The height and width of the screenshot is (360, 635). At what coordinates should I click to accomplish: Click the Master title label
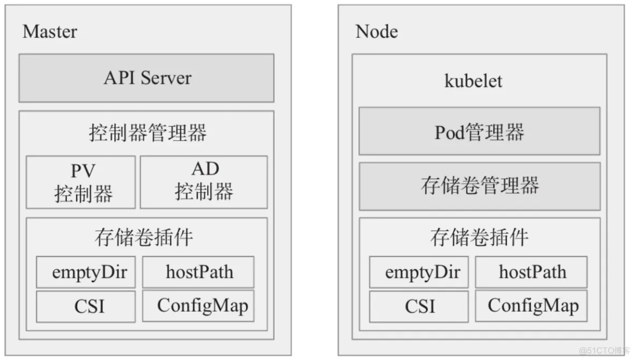(50, 32)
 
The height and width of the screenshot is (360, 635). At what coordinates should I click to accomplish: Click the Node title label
(376, 32)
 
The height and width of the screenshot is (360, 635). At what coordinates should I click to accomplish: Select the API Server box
(146, 78)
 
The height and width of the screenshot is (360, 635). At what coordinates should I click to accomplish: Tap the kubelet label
(473, 81)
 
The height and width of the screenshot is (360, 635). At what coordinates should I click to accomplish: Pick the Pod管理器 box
(479, 131)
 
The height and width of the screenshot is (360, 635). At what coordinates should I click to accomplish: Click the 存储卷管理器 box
(479, 186)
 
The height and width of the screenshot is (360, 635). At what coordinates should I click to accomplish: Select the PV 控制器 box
(80, 182)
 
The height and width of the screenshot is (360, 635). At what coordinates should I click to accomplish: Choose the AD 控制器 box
(204, 182)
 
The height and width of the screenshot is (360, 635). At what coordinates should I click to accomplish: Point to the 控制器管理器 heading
(148, 133)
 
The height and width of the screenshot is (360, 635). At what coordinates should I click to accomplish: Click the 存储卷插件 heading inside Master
(144, 237)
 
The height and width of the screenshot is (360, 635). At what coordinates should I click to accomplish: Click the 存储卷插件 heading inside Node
(479, 237)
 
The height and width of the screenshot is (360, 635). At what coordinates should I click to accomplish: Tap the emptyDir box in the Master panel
(86, 272)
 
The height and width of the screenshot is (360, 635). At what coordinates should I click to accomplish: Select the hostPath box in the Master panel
(198, 272)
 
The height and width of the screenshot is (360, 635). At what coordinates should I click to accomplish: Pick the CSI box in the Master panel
(86, 306)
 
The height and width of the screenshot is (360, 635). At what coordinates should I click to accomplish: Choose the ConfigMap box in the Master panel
(198, 306)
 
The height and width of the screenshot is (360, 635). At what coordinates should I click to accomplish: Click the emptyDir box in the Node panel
(419, 272)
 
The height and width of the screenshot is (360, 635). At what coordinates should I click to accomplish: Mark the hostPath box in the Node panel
(531, 272)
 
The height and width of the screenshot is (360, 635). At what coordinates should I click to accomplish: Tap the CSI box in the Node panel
(419, 306)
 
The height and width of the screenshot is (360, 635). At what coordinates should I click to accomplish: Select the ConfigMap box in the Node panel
(531, 306)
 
